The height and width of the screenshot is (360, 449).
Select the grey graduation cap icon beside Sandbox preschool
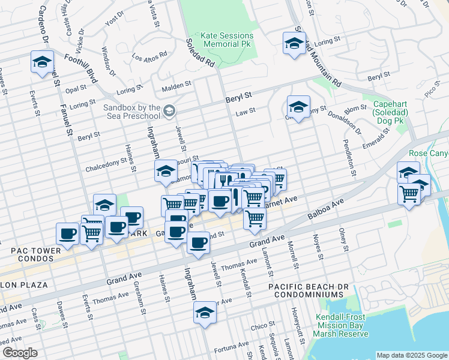[x=170, y=109]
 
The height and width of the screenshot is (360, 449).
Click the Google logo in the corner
[x=20, y=353]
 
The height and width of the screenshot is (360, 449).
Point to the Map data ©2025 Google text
[x=411, y=355]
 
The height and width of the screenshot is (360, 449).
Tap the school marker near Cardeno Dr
[x=43, y=62]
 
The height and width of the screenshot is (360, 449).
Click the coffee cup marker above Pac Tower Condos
[x=67, y=233]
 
